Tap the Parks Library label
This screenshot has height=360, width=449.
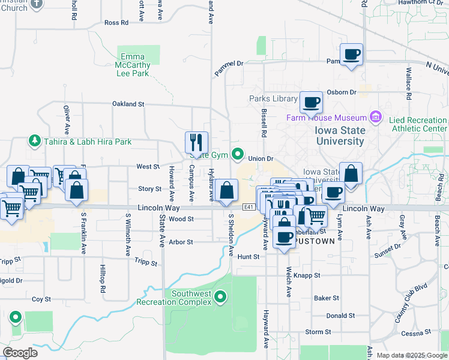tap(274, 99)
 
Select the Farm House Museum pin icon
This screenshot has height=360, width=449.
tap(376, 115)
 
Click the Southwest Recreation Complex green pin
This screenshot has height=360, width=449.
tap(221, 296)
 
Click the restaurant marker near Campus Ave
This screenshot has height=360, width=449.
tap(197, 143)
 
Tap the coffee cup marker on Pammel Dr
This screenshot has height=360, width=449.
tap(352, 55)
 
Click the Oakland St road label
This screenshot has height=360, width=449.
tap(128, 104)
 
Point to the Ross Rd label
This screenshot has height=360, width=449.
tap(116, 23)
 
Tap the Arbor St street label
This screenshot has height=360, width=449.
tap(181, 242)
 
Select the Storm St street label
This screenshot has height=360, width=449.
tap(318, 332)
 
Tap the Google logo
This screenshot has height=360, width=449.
tap(20, 353)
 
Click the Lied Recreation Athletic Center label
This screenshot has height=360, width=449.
tap(418, 124)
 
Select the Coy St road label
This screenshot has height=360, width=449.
tap(41, 299)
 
